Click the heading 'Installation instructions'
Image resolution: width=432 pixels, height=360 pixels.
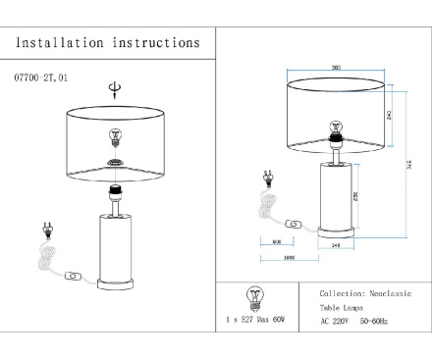108,43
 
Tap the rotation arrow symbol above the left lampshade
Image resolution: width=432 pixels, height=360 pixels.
115,90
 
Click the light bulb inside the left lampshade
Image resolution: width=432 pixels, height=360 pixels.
115,136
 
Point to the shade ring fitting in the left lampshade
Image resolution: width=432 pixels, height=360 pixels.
115,164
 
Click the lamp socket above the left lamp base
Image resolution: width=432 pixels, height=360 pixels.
115,192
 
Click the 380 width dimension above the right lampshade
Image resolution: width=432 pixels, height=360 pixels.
336,68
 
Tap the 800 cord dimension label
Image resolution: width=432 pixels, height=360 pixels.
276,240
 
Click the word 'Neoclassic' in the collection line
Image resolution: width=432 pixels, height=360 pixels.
388,294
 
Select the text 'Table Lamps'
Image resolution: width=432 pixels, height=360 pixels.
342,308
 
